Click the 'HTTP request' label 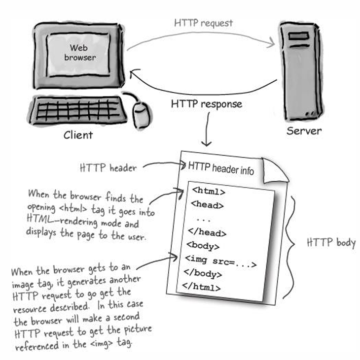point(203,23)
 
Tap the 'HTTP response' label point(206,104)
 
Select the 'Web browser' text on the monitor point(79,53)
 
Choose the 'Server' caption point(304,131)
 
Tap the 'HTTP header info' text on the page point(221,167)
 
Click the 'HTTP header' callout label point(108,168)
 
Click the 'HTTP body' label point(331,243)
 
